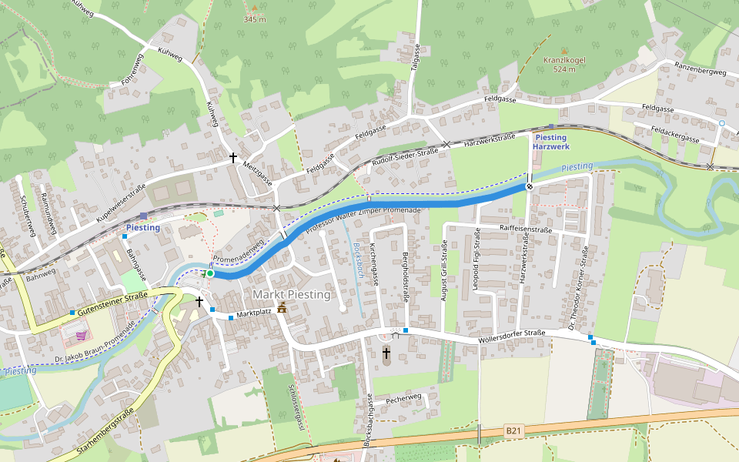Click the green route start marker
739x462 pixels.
pos(210,273)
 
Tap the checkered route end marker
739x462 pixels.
pos(530,186)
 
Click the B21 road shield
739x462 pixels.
pos(514,430)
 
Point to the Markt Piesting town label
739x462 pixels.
pos(291,295)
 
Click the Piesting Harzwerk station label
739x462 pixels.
pos(551,142)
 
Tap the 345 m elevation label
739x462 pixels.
pos(255,19)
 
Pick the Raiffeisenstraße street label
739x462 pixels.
pos(526,229)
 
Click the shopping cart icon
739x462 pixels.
pos(82,336)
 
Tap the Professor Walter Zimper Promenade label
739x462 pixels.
pos(363,219)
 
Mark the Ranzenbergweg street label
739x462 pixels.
pos(701,72)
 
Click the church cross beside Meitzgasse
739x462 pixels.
pos(233,158)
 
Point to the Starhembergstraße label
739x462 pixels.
pos(105,430)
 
